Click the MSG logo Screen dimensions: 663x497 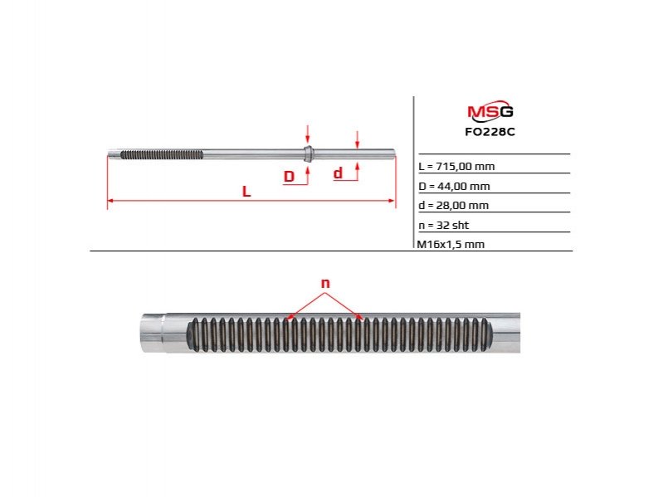[x=490, y=111]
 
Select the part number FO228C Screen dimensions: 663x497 [x=490, y=132]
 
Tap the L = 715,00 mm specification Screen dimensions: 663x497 [x=456, y=166]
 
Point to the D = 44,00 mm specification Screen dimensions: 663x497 [x=454, y=186]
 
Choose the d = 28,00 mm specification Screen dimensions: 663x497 [x=453, y=206]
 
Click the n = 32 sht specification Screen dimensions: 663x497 [x=444, y=225]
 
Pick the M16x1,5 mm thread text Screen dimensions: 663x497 [x=451, y=244]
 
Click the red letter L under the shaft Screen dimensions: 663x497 [x=246, y=192]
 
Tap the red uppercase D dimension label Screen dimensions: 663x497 [x=289, y=176]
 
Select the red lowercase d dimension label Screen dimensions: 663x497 [x=338, y=173]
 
